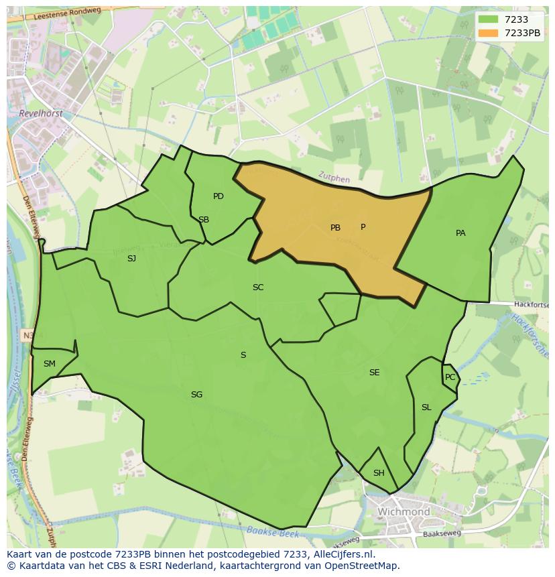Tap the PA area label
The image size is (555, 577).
pos(460,233)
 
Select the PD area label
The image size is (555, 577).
pos(219,196)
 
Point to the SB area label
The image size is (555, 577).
pos(204,220)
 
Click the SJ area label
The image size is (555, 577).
pos(131,258)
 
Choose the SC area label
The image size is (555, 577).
pos(258,287)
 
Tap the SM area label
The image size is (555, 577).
pos(50,364)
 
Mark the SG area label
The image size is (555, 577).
pos(196,395)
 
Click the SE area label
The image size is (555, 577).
pos(374,373)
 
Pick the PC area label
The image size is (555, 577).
pos(450,377)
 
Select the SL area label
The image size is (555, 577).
pos(426,407)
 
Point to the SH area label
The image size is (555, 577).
pos(379,473)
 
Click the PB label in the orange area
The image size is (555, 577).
pos(335,228)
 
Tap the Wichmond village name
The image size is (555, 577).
pos(404,512)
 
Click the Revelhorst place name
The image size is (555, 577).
pos(41,114)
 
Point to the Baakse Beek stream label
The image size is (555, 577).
pos(271,531)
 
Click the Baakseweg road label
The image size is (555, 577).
pos(443,535)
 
